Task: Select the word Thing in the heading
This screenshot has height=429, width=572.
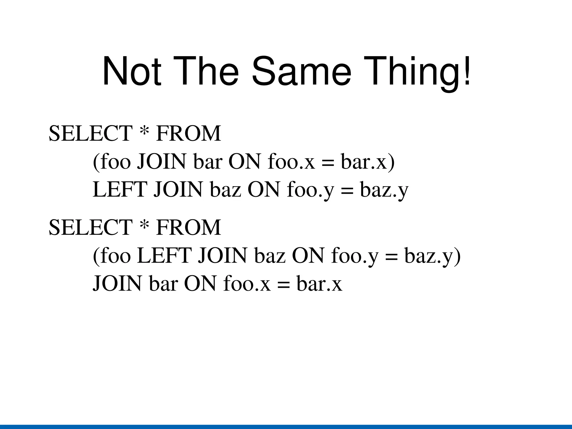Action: pos(411,72)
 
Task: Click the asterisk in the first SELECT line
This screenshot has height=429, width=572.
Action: pos(144,132)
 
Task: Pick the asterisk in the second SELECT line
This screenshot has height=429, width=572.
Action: pos(144,226)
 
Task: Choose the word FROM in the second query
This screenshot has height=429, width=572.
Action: pos(189,227)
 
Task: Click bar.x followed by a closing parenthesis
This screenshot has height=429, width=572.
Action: pos(368,162)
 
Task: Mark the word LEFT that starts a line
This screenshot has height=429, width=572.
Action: pos(120,190)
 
